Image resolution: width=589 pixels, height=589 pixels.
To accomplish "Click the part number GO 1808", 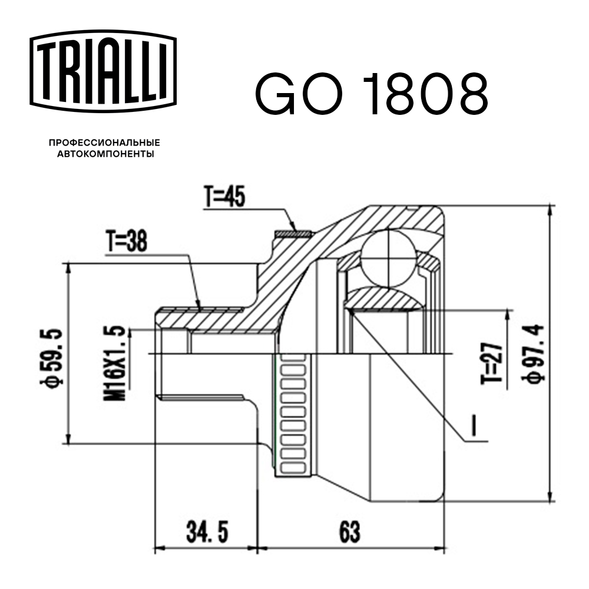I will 371,94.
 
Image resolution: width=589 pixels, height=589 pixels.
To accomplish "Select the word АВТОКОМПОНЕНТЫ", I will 105,154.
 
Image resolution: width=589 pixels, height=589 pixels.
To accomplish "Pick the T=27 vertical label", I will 497,362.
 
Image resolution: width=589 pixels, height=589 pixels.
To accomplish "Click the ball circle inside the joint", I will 389,257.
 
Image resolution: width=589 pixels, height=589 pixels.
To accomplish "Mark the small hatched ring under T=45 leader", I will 293,234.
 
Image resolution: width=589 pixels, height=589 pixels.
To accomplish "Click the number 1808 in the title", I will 421,94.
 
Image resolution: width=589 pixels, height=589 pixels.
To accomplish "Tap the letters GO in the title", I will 297,94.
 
